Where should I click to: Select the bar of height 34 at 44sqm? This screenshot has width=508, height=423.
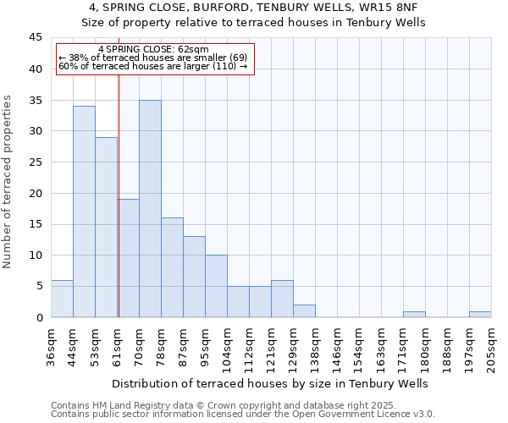[x=84, y=211]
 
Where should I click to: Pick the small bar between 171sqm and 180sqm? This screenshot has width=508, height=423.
[x=414, y=314]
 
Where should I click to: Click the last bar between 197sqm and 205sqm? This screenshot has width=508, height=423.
[x=480, y=314]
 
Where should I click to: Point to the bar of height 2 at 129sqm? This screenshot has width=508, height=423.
[x=304, y=310]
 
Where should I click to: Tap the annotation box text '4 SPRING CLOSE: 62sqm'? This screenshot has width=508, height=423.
[x=153, y=50]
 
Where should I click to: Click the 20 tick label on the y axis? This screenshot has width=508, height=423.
[x=36, y=193]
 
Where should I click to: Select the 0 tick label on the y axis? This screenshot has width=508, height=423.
[x=39, y=317]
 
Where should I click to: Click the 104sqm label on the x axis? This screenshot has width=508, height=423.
[x=228, y=345]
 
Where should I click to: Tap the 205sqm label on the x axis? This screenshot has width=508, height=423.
[x=492, y=345]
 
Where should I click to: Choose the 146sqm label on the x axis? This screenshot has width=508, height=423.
[x=338, y=345]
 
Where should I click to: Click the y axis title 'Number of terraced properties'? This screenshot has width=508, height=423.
[x=8, y=181]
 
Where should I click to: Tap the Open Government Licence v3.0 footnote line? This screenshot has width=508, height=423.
[x=243, y=415]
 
